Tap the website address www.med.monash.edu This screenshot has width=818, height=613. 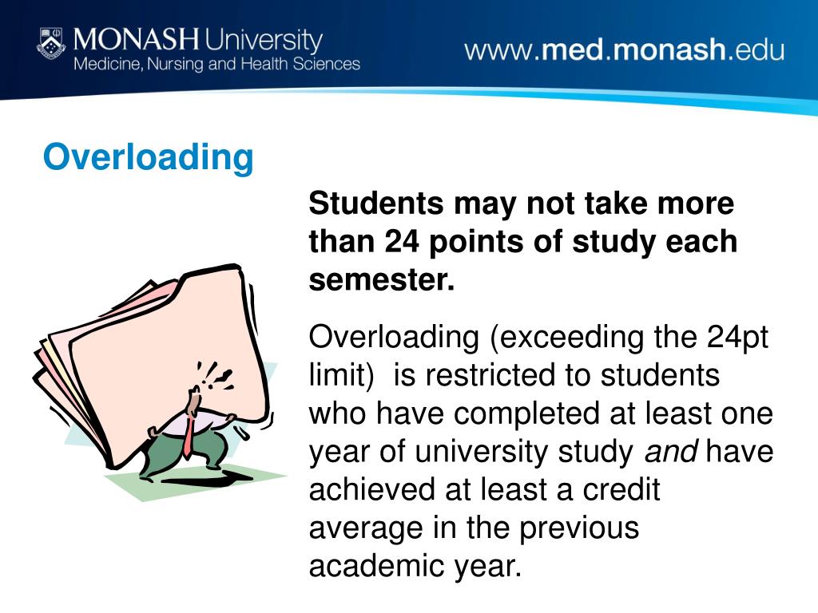point(624,50)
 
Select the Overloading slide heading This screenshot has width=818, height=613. point(148,156)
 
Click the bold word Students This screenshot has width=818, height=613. point(376,204)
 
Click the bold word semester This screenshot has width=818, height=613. point(380,279)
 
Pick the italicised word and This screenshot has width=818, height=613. point(671,452)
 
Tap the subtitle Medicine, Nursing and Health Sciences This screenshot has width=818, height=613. point(216,64)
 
